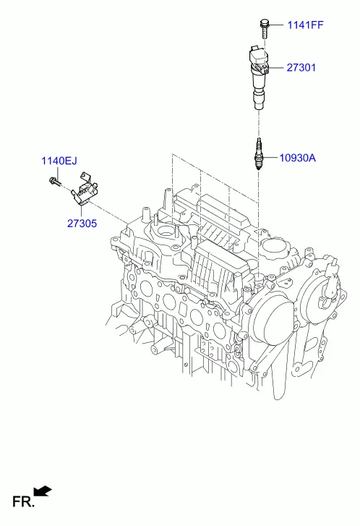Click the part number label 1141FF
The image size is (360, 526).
pos(305,25)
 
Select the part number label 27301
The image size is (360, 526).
pos(301,67)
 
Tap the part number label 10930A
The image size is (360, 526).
pos(297,158)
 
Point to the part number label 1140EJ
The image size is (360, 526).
pos(59,161)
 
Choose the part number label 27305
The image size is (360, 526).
pos(82,224)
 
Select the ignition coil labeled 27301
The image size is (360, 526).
pos(259,77)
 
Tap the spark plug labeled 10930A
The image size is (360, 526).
pos(259,153)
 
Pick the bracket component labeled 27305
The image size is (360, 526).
pos(84,189)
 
